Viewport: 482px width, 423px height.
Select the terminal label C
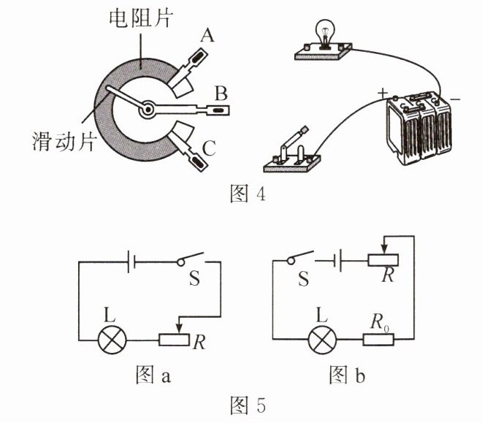(209, 150)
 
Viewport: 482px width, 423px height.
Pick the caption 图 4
(240, 194)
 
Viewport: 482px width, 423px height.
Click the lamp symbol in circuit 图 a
(112, 340)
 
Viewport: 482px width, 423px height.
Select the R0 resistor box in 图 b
(380, 340)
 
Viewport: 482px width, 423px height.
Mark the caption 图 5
(240, 404)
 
